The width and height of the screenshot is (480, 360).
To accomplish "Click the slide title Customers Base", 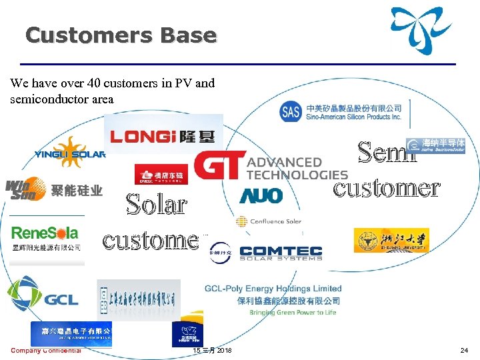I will (121, 35).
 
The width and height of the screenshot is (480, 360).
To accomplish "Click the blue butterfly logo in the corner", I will (425, 30).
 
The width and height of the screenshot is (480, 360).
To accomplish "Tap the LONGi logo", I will (163, 136).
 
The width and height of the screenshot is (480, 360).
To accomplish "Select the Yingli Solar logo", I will (70, 153).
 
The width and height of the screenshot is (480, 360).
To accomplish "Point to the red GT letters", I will (217, 165).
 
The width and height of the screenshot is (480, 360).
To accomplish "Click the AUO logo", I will (261, 195).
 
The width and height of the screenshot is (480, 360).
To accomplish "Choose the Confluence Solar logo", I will (269, 221).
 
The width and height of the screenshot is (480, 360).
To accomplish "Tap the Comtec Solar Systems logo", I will (280, 253).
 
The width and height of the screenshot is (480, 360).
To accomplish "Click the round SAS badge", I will (291, 111).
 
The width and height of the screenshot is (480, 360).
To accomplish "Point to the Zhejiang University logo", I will (391, 240).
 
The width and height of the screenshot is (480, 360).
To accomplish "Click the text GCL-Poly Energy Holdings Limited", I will (273, 289).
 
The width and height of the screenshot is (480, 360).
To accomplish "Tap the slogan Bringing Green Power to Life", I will (293, 313).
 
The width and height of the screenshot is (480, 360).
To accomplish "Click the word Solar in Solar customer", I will (156, 204).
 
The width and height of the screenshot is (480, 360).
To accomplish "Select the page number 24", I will (464, 351).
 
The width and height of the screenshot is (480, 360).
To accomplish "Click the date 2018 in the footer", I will (223, 351).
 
